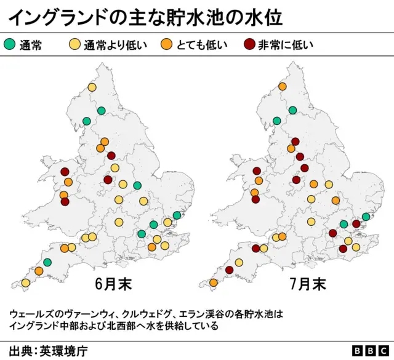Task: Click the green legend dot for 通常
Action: pyautogui.click(x=10, y=44)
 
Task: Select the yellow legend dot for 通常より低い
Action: pyautogui.click(x=74, y=44)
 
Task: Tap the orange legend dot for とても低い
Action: pyautogui.click(x=166, y=44)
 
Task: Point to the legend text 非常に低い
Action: pyautogui.click(x=286, y=44)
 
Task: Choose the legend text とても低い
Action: pyautogui.click(x=201, y=44)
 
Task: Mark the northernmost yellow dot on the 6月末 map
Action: pyautogui.click(x=92, y=87)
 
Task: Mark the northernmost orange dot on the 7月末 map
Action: pyautogui.click(x=283, y=87)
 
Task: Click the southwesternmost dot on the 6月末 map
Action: pyautogui.click(x=25, y=283)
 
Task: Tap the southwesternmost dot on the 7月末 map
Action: pyautogui.click(x=214, y=283)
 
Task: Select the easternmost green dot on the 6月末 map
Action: pyautogui.click(x=177, y=215)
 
